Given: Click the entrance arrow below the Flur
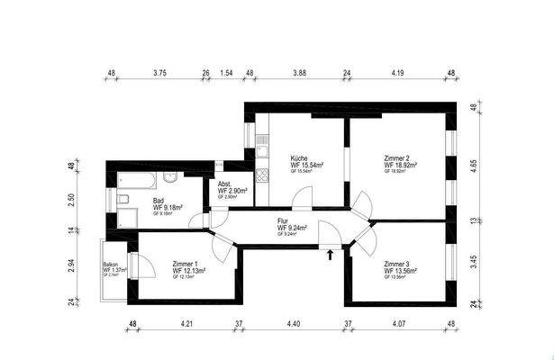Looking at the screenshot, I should point(330,255).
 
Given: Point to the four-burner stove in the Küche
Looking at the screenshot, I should point(262,175).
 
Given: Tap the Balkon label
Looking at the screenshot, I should point(111,264).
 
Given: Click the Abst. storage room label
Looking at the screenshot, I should point(225,183).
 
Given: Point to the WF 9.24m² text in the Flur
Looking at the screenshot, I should point(292,229).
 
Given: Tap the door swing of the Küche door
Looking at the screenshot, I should point(304,194).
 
